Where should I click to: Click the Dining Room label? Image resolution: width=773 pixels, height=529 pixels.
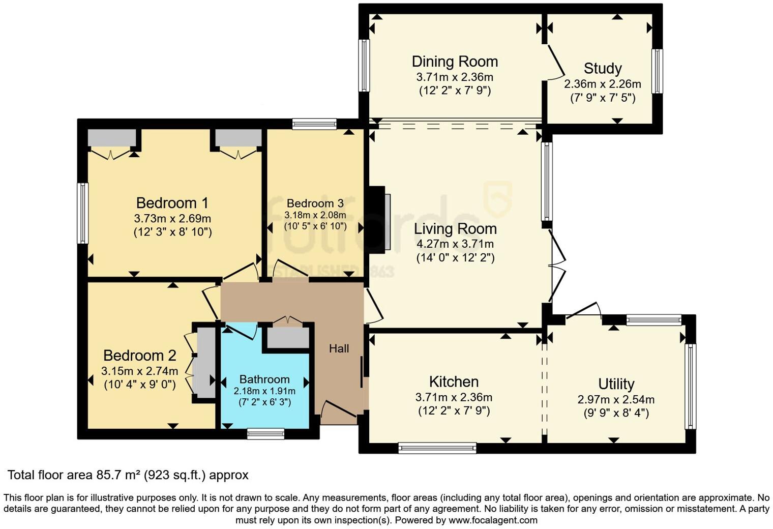(454, 62)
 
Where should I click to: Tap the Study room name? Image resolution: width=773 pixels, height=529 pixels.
(602, 68)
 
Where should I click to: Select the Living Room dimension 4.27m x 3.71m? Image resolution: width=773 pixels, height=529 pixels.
(455, 244)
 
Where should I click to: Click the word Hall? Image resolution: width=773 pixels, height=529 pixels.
(339, 348)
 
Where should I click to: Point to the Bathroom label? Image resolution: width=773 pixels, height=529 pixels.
(264, 379)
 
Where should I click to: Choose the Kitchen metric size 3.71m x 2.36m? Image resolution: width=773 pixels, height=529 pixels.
(454, 397)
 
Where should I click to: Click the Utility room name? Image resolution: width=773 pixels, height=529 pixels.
(616, 384)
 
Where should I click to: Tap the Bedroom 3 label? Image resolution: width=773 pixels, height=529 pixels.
(315, 203)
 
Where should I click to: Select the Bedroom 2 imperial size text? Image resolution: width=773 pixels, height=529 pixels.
(140, 385)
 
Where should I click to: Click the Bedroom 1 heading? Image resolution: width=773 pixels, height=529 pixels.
(172, 203)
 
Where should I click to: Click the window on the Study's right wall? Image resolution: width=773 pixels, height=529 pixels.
(657, 71)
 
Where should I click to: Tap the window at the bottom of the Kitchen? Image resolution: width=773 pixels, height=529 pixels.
(437, 448)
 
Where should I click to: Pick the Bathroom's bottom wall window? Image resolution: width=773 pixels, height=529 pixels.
(265, 433)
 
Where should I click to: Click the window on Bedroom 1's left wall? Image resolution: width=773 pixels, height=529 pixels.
(83, 213)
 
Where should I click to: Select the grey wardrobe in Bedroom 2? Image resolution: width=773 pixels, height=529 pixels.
(206, 363)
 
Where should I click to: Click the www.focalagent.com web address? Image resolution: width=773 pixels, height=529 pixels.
(493, 520)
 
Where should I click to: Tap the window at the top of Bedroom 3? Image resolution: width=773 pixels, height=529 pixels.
(314, 124)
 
